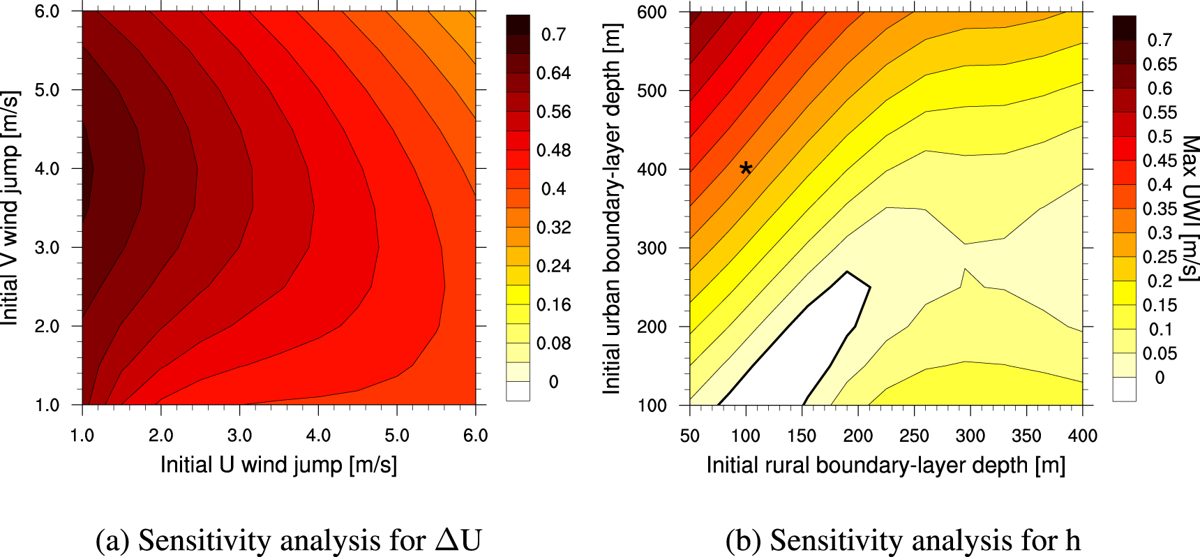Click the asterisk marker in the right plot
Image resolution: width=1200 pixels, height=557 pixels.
tap(746, 168)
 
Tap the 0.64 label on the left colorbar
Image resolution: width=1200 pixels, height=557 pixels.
tap(553, 73)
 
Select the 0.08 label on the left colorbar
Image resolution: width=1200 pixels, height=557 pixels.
tap(553, 343)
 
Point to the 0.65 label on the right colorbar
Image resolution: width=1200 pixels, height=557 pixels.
tap(1160, 64)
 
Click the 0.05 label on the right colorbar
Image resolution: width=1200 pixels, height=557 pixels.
tap(1160, 353)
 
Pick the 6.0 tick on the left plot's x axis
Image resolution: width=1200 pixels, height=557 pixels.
tap(475, 436)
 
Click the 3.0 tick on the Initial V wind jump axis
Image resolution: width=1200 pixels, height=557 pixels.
tap(47, 248)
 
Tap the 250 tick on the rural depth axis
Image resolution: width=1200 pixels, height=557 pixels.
tap(914, 436)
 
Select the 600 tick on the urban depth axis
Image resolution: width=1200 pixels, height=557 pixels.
tap(652, 13)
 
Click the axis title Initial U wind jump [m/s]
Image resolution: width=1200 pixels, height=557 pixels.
tap(278, 465)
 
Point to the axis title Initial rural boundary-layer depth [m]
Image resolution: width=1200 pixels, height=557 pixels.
tap(885, 465)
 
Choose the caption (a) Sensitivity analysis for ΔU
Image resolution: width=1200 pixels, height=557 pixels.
tap(288, 540)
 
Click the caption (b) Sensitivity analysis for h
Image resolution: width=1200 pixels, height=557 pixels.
tap(903, 540)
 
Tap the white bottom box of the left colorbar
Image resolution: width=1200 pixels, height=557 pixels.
tap(518, 391)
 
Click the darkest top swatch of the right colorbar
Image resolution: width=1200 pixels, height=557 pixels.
tap(1124, 27)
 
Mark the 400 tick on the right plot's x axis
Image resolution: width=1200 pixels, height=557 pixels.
tap(1082, 436)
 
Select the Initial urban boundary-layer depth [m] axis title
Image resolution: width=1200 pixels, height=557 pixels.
tap(611, 208)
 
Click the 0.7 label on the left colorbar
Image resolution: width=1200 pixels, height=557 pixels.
tap(553, 34)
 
